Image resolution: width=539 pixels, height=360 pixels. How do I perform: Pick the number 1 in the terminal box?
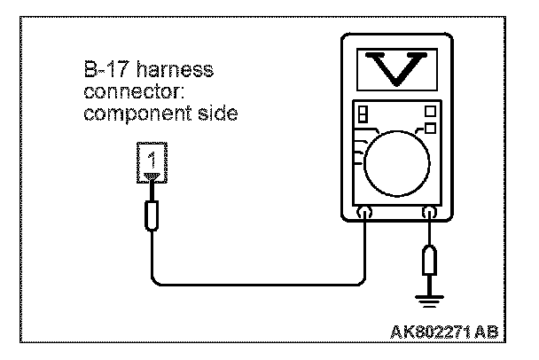click(152, 161)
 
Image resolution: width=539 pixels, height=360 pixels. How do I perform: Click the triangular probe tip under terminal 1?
click(152, 184)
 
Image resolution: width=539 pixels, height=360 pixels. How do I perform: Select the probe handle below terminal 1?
click(152, 215)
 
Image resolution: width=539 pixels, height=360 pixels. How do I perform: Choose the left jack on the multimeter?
click(364, 214)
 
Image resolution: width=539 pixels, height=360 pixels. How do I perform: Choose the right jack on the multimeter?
click(431, 214)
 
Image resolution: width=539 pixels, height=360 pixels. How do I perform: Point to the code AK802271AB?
click(444, 333)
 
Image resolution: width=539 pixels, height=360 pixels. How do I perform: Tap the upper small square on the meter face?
click(430, 112)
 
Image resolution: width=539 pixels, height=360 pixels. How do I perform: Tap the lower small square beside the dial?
click(430, 129)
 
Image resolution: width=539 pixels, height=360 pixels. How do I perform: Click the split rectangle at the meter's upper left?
click(362, 116)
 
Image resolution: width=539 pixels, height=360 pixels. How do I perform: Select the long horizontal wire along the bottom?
click(257, 285)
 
